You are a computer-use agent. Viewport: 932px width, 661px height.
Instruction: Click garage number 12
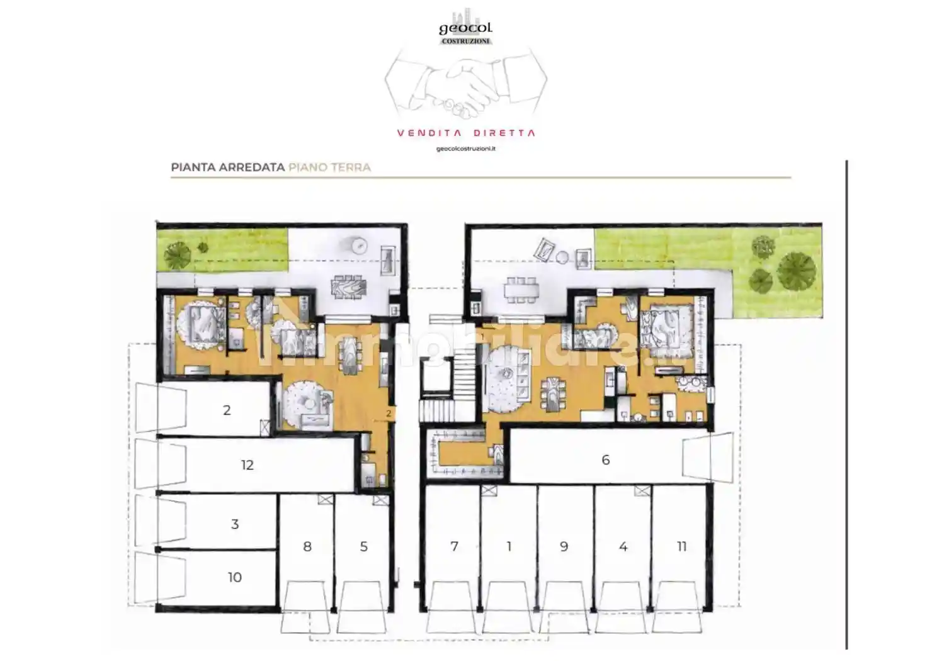[x=247, y=465]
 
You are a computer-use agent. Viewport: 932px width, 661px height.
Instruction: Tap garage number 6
[x=605, y=460]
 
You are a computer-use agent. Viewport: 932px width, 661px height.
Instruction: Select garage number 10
[x=234, y=577]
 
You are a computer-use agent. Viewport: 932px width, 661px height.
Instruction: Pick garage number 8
[x=307, y=546]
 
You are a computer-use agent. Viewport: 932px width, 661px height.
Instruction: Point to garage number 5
[x=364, y=546]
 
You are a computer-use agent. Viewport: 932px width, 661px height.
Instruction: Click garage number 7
[x=454, y=546]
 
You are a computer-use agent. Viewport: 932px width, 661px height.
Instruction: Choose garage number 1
[x=509, y=546]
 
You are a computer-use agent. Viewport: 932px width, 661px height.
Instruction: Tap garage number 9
[x=564, y=546]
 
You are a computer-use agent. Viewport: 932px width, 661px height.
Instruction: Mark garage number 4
[x=623, y=546]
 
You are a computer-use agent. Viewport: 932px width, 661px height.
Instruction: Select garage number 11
[x=681, y=546]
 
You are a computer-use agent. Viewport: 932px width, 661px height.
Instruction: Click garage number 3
[x=234, y=524]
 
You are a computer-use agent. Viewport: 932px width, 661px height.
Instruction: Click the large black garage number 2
[x=227, y=410]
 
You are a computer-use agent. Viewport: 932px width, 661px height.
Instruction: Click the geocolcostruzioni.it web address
[x=466, y=149]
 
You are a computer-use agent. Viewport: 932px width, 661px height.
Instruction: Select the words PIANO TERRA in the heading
[x=329, y=167]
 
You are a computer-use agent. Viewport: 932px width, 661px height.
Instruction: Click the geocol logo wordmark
[x=466, y=28]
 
